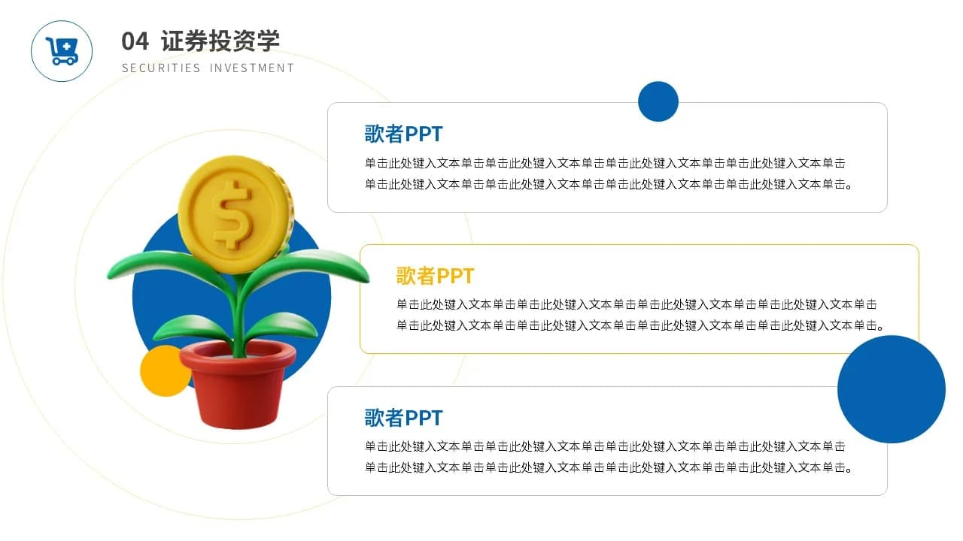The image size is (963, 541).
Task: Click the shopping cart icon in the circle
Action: point(62,51)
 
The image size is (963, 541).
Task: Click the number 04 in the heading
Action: point(135,41)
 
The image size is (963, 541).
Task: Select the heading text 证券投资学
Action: point(220,41)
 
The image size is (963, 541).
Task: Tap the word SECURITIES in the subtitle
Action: point(161,68)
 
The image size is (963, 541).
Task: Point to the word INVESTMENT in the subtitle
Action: point(252,68)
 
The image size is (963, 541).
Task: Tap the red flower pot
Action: point(238,383)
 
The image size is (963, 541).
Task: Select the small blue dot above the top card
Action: point(658,101)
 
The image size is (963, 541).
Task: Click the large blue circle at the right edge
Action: point(892,389)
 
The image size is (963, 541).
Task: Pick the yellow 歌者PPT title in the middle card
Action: point(435,276)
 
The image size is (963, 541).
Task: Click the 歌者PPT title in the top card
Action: point(403,134)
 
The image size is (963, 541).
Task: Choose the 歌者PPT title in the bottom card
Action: point(403,417)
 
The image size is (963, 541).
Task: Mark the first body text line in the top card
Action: point(605,163)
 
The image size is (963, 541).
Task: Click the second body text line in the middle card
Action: point(639,325)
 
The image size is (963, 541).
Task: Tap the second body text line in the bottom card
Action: point(608,467)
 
